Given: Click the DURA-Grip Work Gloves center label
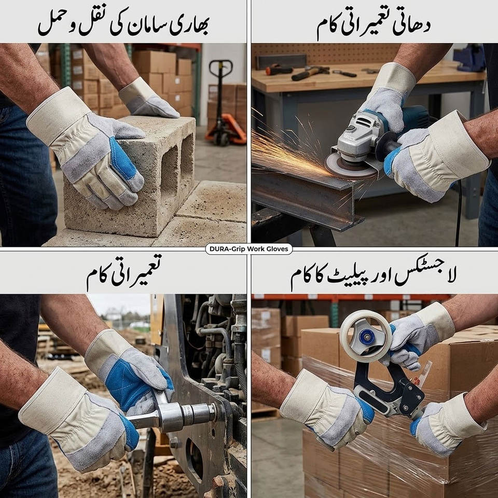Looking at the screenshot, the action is pyautogui.click(x=248, y=249).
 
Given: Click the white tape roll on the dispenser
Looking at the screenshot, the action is pyautogui.click(x=366, y=336).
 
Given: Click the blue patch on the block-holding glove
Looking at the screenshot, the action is pyautogui.click(x=123, y=159).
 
